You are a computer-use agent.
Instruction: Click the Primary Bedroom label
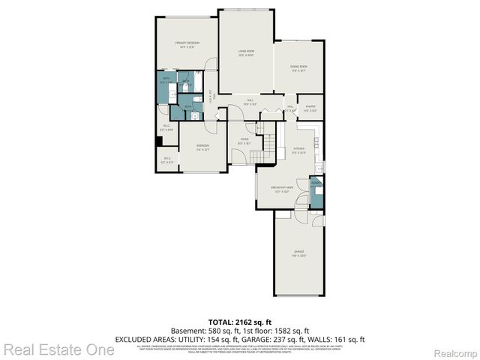pyautogui.click(x=187, y=44)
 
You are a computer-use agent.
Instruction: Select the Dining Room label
pyautogui.click(x=299, y=67)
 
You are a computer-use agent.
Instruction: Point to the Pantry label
pyautogui.click(x=310, y=106)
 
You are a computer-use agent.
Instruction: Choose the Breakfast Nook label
pyautogui.click(x=281, y=189)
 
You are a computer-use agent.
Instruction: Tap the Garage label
pyautogui.click(x=298, y=251)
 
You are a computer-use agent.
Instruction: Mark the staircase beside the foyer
pyautogui.click(x=262, y=142)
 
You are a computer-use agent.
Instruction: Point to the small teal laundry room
pyautogui.click(x=317, y=194)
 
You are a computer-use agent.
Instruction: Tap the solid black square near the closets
pyautogui.click(x=159, y=141)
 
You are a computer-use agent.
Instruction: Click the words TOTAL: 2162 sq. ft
pyautogui.click(x=239, y=321)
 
